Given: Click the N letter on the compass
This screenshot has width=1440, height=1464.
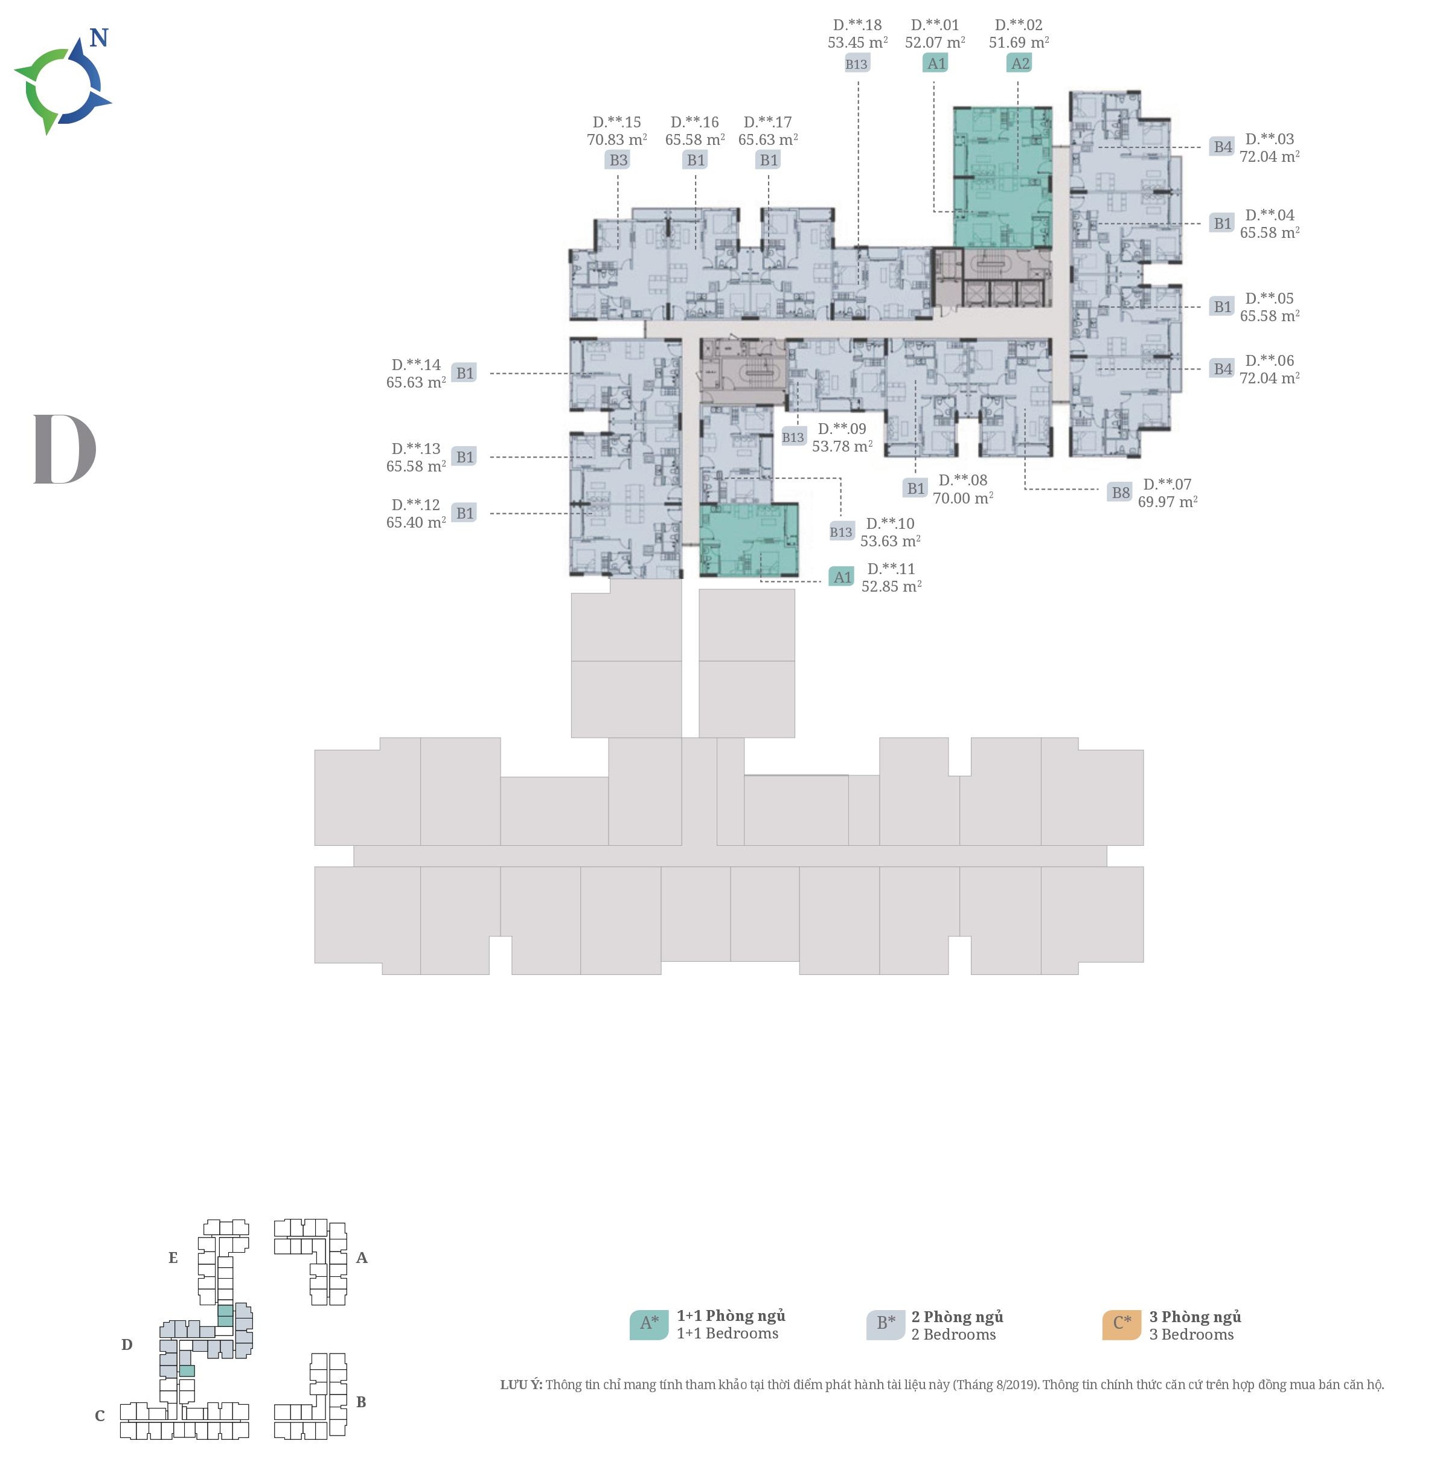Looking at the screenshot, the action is coord(99,38).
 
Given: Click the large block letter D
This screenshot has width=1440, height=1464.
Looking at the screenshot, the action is coord(65,449).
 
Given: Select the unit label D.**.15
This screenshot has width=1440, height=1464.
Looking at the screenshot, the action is coord(616,122).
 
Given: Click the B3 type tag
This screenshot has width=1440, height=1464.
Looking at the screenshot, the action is coord(619,159).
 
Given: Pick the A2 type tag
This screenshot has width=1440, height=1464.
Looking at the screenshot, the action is coord(1020,63).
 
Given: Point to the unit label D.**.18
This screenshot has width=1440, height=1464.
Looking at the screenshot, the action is coord(857,25).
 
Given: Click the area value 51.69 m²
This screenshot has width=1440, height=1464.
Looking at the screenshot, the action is coord(1019,42).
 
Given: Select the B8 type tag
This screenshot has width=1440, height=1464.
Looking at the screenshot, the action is coord(1120,492).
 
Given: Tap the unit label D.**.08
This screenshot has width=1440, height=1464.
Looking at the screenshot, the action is coord(963,480).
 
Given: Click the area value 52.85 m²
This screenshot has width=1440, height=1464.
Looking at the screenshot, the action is coord(891,587).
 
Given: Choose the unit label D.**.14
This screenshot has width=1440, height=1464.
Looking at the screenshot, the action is coord(416,365).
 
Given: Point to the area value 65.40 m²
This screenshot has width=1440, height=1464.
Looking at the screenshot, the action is coord(416,523).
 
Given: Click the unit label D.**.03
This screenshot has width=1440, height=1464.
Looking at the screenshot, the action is coord(1270,139).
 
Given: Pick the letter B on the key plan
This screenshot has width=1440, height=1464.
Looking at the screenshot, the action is coord(362,1401).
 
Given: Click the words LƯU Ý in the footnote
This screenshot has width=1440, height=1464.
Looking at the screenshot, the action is coord(520,1384).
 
